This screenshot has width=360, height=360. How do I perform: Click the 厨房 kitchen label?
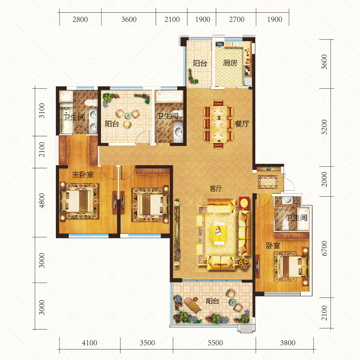pyautogui.click(x=230, y=63)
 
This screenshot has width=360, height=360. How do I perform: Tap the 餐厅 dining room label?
pyautogui.click(x=242, y=124)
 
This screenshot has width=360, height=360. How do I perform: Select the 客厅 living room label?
pyautogui.click(x=216, y=189)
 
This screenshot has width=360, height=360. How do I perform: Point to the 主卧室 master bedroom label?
pyautogui.click(x=83, y=175)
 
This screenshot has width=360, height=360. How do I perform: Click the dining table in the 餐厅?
pyautogui.click(x=219, y=124)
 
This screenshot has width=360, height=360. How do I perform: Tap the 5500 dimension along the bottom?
pyautogui.click(x=215, y=343)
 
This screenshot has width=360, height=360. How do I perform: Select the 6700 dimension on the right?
pyautogui.click(x=324, y=248)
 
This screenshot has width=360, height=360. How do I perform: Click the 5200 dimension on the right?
pyautogui.click(x=324, y=127)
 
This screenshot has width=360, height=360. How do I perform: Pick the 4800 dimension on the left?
pyautogui.click(x=41, y=201)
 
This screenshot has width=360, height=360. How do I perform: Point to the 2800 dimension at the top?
pyautogui.click(x=80, y=19)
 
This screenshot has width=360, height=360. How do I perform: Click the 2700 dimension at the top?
pyautogui.click(x=237, y=19)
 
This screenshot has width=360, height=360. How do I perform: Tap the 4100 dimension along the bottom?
pyautogui.click(x=90, y=343)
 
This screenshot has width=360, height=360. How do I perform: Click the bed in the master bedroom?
pyautogui.click(x=79, y=201)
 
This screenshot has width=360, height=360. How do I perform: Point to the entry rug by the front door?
pyautogui.click(x=267, y=182)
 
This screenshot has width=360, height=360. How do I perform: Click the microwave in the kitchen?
pyautogui.click(x=220, y=44)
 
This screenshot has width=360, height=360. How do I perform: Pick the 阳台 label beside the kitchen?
pyautogui.click(x=200, y=63)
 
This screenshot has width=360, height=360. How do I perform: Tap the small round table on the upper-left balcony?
pyautogui.click(x=128, y=116)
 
